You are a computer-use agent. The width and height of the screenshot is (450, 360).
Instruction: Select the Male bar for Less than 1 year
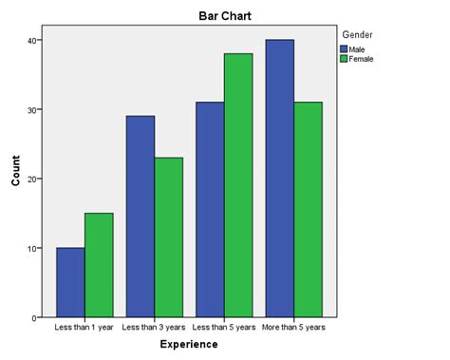[70, 282]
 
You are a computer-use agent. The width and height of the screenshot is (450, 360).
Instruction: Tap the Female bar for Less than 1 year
[99, 265]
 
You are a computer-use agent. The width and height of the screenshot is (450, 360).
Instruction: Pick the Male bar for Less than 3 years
[140, 217]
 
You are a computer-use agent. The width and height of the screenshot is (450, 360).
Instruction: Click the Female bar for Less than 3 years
[168, 237]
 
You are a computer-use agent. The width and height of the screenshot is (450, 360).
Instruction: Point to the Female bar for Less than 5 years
[238, 185]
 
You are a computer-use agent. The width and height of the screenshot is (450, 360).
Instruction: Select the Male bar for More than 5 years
[280, 179]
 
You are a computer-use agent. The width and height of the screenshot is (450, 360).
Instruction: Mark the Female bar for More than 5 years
[309, 210]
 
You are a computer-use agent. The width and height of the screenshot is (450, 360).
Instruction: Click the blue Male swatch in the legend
[344, 47]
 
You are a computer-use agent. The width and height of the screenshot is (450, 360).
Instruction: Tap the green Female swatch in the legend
[344, 58]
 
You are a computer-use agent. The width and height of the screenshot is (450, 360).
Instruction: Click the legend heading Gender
[357, 34]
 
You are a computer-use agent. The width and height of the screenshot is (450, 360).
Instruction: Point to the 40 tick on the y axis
[33, 40]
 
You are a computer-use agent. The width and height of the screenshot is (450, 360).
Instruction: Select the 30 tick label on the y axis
[33, 109]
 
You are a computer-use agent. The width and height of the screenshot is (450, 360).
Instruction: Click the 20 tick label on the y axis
[33, 179]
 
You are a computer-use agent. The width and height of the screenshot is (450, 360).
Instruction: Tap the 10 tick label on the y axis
[33, 248]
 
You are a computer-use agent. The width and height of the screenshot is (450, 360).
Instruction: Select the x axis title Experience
[189, 344]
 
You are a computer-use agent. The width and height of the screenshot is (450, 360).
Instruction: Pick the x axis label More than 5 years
[294, 327]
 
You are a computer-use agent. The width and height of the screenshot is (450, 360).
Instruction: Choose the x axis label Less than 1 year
[84, 327]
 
